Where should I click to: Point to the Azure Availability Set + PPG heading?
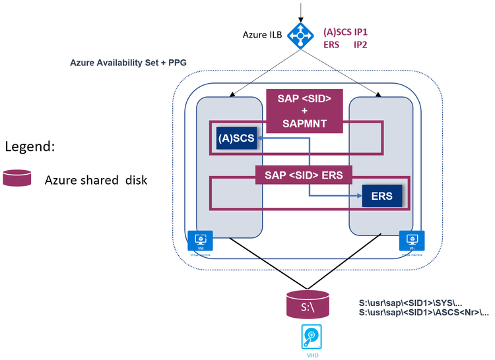tap(128, 63)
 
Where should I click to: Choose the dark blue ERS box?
tap(381, 196)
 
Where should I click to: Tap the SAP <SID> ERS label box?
tap(304, 175)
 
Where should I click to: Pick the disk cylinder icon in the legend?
tap(17, 179)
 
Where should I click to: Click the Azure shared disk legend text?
tap(96, 180)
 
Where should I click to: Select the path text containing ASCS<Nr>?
tap(423, 313)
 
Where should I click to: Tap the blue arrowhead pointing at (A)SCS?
tap(259, 138)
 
